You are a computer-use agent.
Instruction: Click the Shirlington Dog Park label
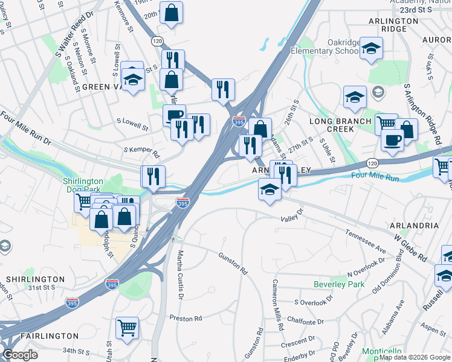coord(84,185)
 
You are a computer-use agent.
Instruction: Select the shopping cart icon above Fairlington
coord(127,328)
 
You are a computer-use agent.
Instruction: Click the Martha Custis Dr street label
coord(179,275)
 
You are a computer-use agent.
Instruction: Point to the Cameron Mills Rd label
coord(278,305)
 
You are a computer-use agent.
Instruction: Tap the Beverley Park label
coord(339,284)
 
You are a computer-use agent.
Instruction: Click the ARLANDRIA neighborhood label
coord(415,225)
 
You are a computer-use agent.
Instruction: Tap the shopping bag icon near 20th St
coord(171,12)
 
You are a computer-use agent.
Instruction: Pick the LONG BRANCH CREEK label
coord(340,125)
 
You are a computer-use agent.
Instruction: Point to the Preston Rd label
coord(185,318)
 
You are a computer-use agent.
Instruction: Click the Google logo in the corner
coord(21,355)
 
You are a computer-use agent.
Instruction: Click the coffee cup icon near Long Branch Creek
coord(392,139)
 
